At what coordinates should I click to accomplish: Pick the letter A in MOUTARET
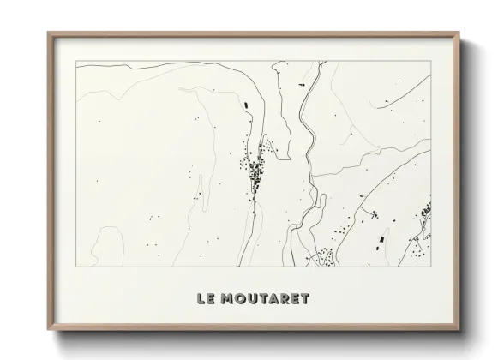(x=279, y=299)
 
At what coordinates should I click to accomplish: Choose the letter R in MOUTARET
(x=291, y=299)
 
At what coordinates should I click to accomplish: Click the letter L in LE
(x=201, y=299)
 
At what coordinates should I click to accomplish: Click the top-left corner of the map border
(x=76, y=62)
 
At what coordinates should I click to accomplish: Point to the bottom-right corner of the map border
(x=430, y=267)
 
